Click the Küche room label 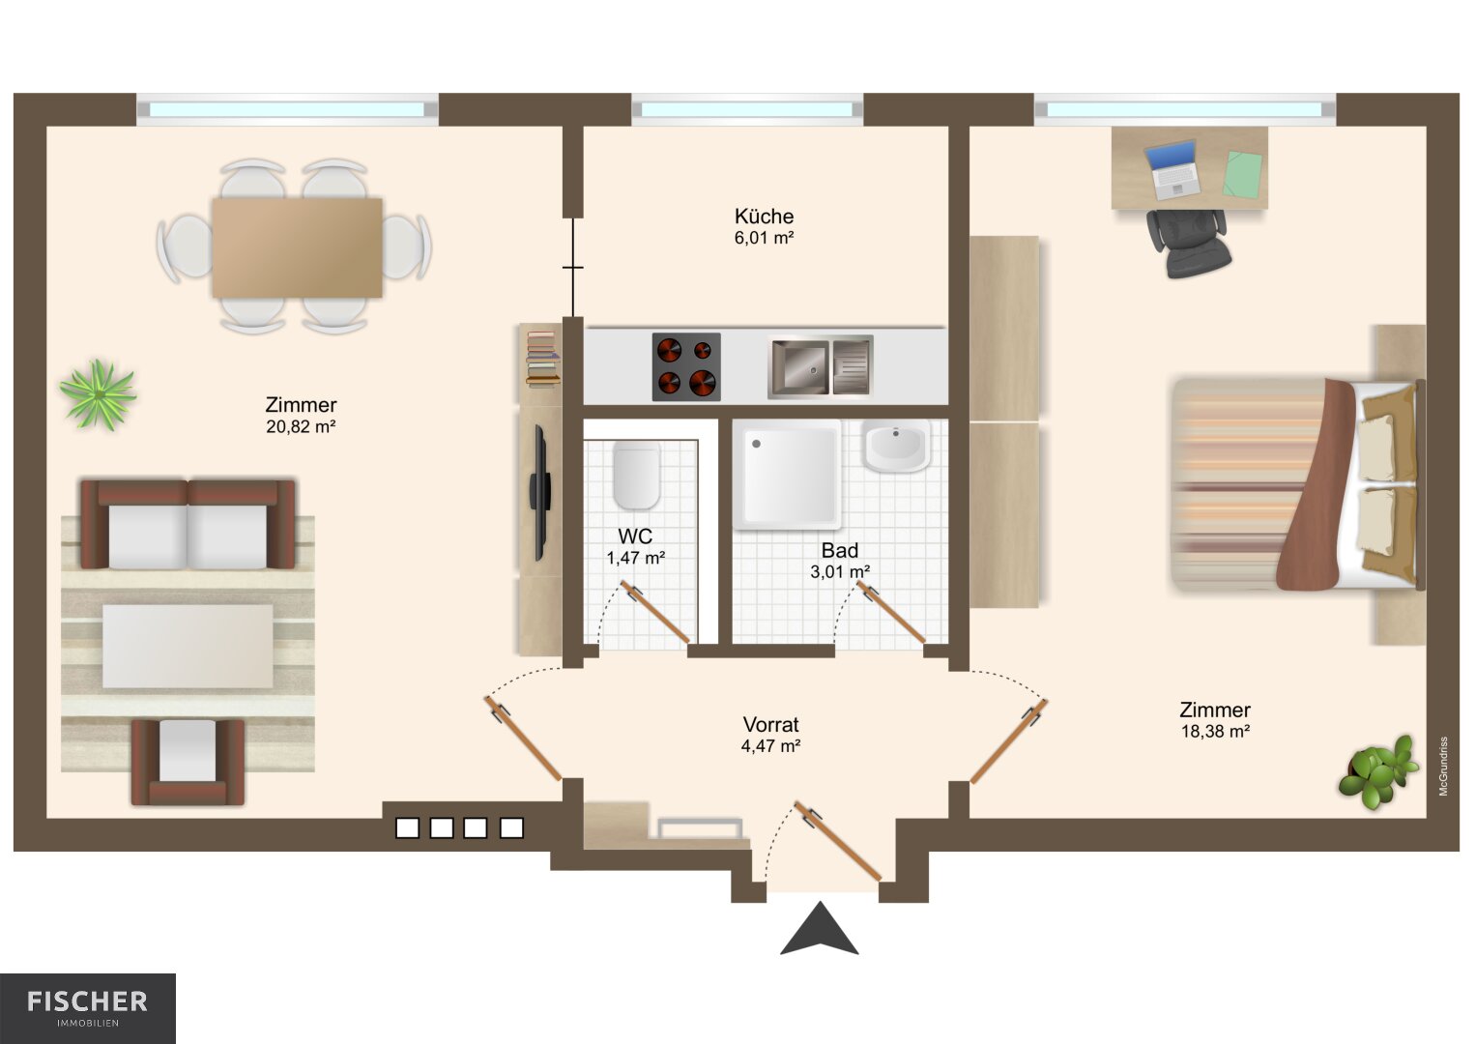click(x=764, y=217)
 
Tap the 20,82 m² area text click(x=302, y=427)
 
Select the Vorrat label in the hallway click(x=770, y=724)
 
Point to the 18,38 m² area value click(x=1215, y=732)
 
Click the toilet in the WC click(x=637, y=476)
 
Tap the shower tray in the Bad click(x=788, y=475)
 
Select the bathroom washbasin click(x=897, y=447)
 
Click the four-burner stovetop click(x=686, y=367)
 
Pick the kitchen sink click(x=821, y=366)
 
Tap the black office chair click(x=1188, y=244)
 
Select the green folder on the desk click(x=1242, y=175)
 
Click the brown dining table click(x=297, y=247)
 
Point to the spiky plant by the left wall click(x=99, y=394)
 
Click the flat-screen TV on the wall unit click(x=539, y=492)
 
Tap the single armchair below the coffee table click(x=188, y=762)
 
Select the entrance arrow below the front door click(x=819, y=930)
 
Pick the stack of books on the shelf click(x=542, y=359)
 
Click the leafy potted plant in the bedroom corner click(x=1377, y=772)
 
